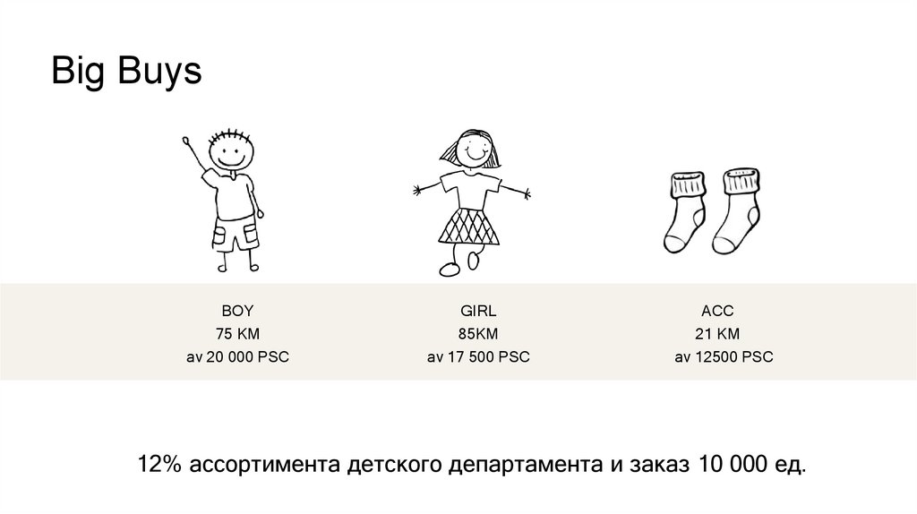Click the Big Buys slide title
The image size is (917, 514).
tap(126, 72)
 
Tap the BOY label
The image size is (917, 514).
tap(237, 311)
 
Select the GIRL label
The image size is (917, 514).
tap(478, 311)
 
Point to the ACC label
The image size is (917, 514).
tap(717, 311)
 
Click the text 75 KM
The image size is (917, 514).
tap(237, 334)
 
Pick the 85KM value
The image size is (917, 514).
tap(478, 334)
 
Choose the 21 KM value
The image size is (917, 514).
tap(717, 334)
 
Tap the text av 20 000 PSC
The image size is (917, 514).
tap(237, 356)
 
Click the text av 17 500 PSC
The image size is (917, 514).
tap(478, 356)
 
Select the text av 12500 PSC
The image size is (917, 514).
tap(724, 356)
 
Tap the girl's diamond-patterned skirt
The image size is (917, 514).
tap(469, 227)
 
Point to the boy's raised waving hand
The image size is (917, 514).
tap(186, 141)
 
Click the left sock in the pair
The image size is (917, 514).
tap(685, 212)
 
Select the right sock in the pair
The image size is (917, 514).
tap(736, 210)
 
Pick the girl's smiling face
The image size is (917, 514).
tap(472, 149)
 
